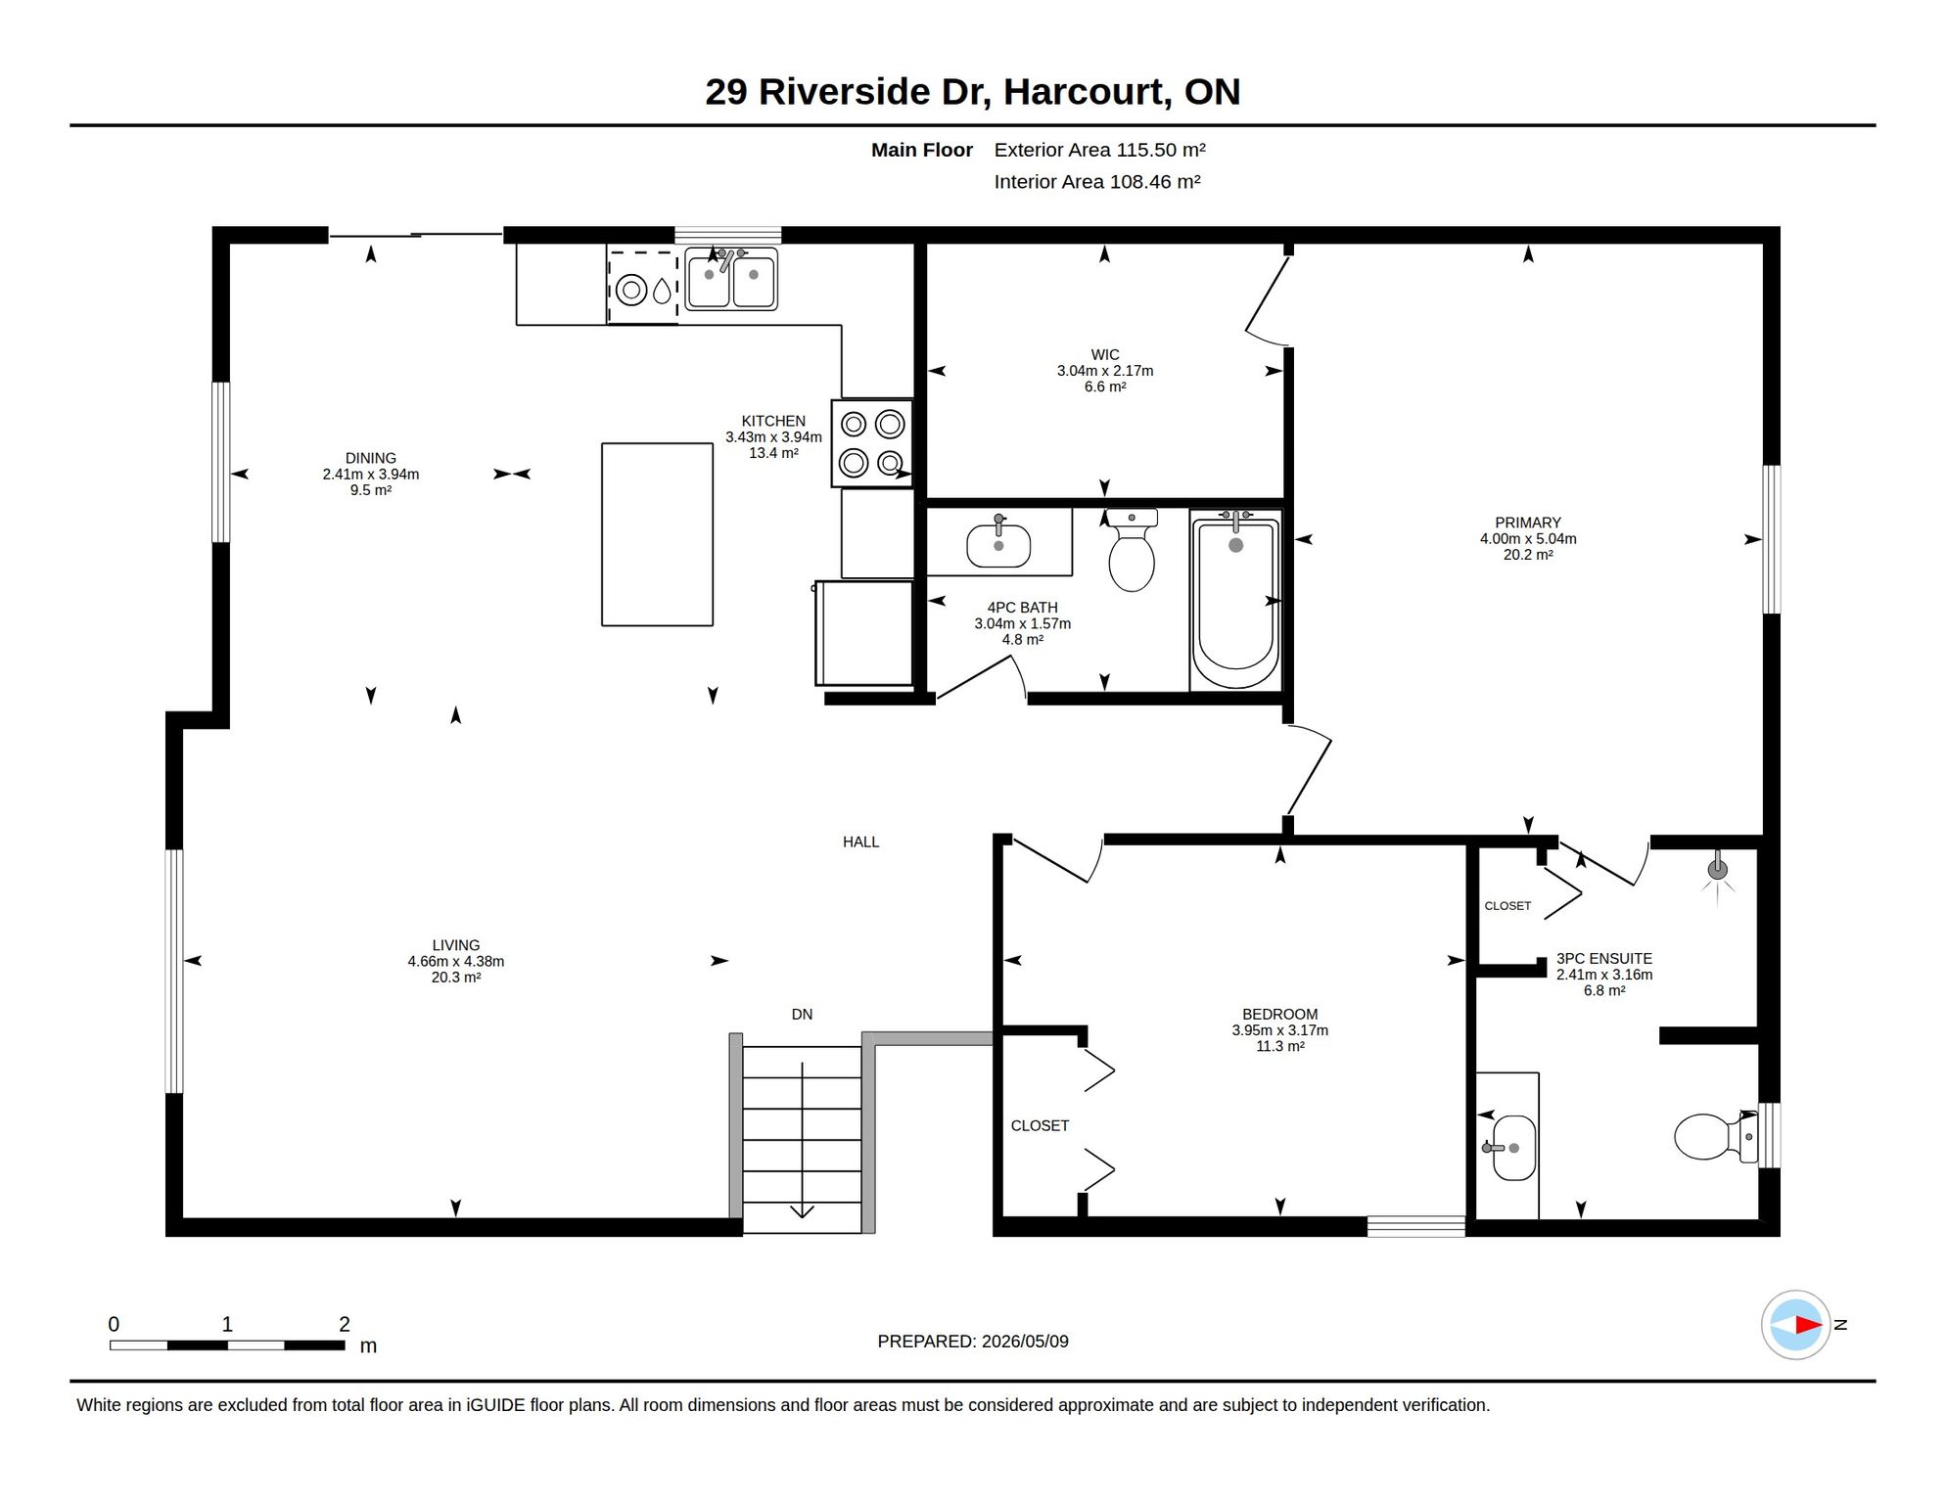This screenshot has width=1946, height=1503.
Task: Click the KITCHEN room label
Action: pyautogui.click(x=773, y=421)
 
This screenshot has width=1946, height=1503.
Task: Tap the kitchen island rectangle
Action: pyautogui.click(x=657, y=534)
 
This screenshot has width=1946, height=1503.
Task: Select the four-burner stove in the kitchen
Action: pyautogui.click(x=872, y=442)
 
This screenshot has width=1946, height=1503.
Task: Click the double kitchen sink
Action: pyautogui.click(x=731, y=279)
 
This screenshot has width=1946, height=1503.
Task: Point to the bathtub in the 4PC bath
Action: pyautogui.click(x=1235, y=599)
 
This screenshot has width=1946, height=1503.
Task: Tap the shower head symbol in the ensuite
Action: pyautogui.click(x=1717, y=870)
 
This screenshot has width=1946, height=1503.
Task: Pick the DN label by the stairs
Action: pyautogui.click(x=802, y=1015)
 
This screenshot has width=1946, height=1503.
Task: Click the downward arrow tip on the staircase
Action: pyautogui.click(x=802, y=1217)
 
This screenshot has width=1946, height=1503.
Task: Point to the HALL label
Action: pyautogui.click(x=860, y=842)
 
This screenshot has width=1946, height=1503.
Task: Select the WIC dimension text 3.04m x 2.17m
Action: pyautogui.click(x=1105, y=371)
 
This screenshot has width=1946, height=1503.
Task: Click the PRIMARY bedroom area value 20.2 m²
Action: pyautogui.click(x=1528, y=555)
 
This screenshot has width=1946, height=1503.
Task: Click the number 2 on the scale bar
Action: pyautogui.click(x=345, y=1324)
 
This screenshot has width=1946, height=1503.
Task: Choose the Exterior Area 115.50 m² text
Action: pyautogui.click(x=1100, y=150)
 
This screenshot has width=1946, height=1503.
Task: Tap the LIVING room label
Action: pyautogui.click(x=456, y=945)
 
